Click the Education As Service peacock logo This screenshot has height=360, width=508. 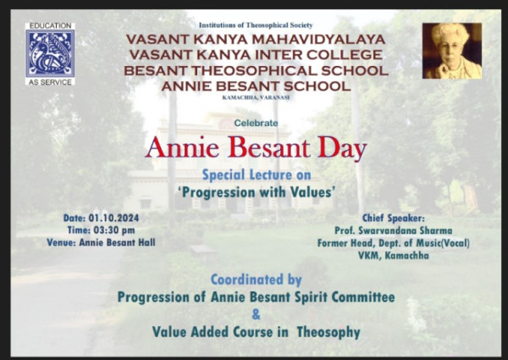pos(50,54)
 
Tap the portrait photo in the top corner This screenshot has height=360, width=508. pos(452,51)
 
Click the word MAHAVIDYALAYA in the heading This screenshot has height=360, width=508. pos(319,40)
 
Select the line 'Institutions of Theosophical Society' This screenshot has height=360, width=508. pos(256,25)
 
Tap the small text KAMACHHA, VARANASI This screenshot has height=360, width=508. pos(256,97)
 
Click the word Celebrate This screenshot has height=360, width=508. pos(256,123)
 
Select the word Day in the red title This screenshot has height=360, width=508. pos(342,148)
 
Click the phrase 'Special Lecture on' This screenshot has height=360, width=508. pos(257,175)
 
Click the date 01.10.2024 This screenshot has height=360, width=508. pos(113,218)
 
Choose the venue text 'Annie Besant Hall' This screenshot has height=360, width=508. pos(118,243)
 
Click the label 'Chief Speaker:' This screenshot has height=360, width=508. pos(394,218)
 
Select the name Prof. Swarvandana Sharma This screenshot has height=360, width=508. pos(394,230)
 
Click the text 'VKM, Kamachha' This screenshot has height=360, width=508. pos(394,256)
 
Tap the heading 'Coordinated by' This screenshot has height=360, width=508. pos(257,280)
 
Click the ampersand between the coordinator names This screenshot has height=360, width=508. pos(256,314)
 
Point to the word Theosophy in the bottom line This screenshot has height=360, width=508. pos(329,332)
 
